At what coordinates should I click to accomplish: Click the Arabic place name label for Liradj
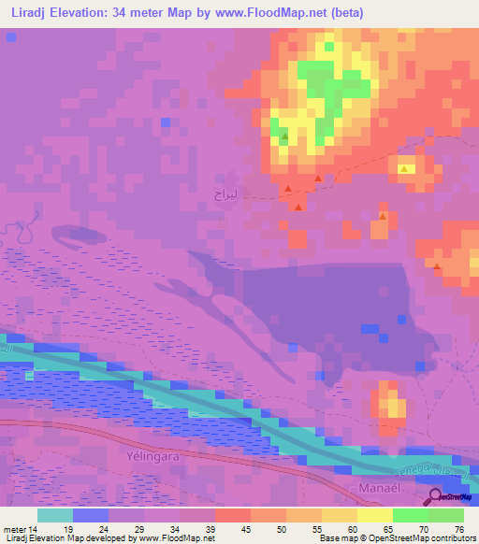(x=226, y=194)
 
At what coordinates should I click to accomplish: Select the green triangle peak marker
(x=284, y=138)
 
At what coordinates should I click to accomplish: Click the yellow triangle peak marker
(x=405, y=169)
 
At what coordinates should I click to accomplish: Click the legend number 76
(x=457, y=529)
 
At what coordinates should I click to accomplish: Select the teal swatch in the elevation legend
(x=54, y=515)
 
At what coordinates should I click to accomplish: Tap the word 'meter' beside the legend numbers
(x=16, y=529)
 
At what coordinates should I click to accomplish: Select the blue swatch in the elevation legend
(x=90, y=515)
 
